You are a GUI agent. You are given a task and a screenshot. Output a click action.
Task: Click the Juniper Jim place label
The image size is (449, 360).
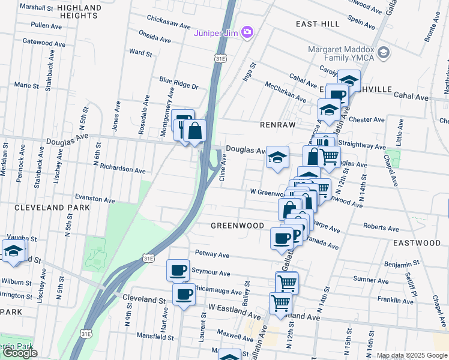[x=215, y=32]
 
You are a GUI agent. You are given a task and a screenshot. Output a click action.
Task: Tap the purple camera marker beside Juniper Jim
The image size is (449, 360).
[x=246, y=32]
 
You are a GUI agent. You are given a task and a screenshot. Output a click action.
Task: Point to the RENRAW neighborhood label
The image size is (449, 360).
[x=275, y=125]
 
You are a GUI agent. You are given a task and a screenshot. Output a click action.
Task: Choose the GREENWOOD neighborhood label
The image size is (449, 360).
[x=237, y=226]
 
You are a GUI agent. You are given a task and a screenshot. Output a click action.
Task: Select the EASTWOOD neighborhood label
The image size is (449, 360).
[x=417, y=243]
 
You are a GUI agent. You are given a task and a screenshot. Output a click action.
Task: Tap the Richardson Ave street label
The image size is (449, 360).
[x=122, y=169]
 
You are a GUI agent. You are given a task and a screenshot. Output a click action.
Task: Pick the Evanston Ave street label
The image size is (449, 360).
[x=95, y=197]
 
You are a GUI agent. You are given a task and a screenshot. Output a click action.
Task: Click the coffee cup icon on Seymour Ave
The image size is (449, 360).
[x=178, y=270]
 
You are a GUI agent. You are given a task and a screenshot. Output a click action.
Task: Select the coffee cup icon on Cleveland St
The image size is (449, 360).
[x=184, y=294]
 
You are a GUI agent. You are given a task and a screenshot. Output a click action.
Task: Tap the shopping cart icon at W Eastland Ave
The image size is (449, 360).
[x=280, y=303]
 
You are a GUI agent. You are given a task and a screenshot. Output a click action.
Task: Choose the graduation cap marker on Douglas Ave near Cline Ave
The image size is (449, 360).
[x=277, y=157]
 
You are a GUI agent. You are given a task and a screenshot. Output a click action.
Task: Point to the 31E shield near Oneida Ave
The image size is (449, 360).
[x=221, y=57]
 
